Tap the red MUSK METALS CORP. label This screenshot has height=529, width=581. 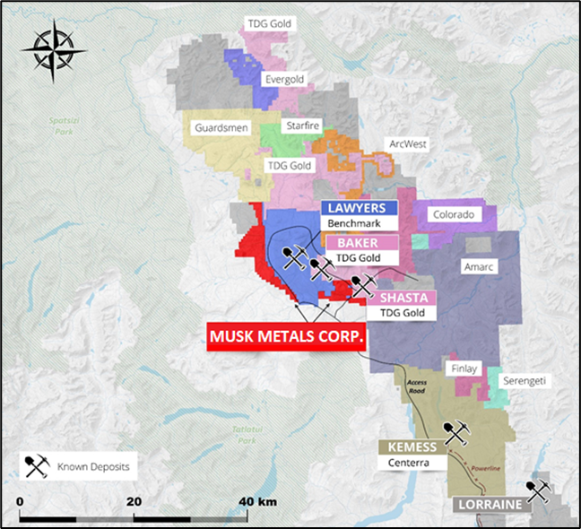286,337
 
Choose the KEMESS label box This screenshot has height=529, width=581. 411,447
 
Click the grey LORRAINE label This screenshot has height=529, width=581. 490,505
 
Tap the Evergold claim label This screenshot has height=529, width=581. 284,80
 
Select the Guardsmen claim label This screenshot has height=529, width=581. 218,128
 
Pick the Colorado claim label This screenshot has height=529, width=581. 452,215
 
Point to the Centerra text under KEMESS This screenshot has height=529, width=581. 410,464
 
